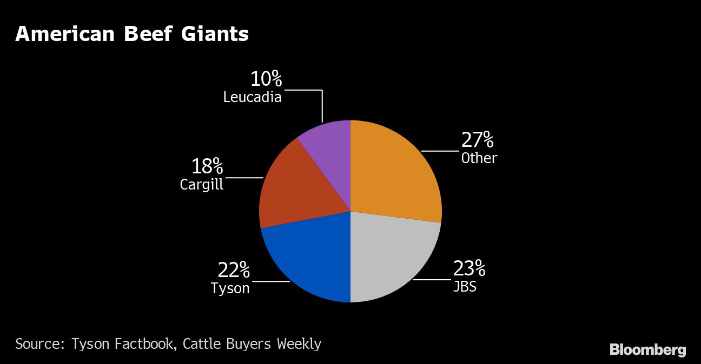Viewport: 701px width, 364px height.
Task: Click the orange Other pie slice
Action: [x=395, y=173]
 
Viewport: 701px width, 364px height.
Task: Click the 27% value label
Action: [x=477, y=140]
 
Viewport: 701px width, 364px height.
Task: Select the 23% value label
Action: [x=469, y=268]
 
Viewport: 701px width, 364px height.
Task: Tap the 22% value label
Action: [x=234, y=269]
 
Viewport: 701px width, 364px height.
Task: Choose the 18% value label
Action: [x=207, y=166]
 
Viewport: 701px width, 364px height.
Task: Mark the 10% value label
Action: [x=266, y=79]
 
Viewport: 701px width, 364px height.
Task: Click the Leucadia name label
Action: [x=252, y=97]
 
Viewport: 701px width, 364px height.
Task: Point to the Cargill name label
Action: [x=201, y=185]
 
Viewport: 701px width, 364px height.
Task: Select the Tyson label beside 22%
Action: [x=230, y=288]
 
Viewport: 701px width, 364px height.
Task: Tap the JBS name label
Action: [x=465, y=286]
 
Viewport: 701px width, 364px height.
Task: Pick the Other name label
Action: [x=479, y=158]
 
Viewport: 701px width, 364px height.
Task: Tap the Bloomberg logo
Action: [x=647, y=350]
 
